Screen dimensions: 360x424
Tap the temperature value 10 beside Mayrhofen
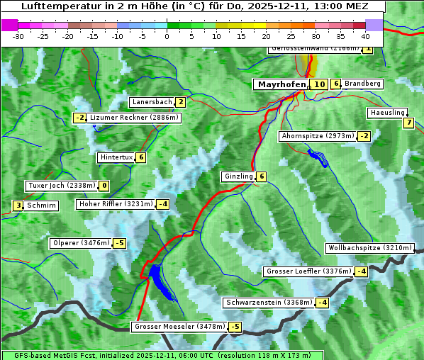click(x=320, y=84)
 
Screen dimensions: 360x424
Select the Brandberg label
click(x=363, y=84)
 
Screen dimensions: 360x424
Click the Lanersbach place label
click(x=152, y=102)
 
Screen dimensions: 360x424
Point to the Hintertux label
click(x=116, y=157)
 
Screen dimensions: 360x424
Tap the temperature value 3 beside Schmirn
click(x=18, y=206)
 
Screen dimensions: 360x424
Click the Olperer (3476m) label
click(x=82, y=243)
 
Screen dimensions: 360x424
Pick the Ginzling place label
click(x=238, y=176)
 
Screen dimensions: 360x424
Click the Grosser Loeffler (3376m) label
click(x=308, y=271)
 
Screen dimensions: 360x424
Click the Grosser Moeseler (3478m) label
click(x=179, y=327)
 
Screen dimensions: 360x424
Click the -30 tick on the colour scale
click(x=18, y=36)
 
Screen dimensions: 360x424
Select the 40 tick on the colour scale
click(x=365, y=36)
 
